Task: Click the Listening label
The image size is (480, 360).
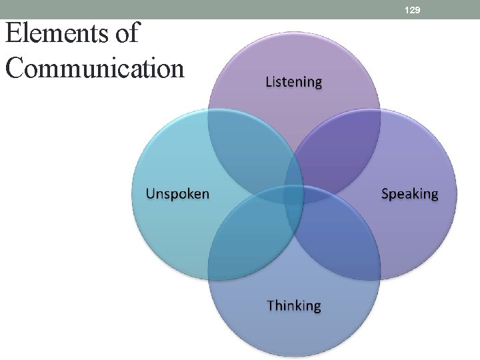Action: point(294,82)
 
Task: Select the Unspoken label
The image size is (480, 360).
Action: point(177,194)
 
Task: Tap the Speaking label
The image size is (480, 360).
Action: point(409,194)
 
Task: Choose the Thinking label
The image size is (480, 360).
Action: point(294,305)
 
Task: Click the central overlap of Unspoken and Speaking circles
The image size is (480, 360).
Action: point(294,194)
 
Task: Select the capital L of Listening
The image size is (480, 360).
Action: point(269,82)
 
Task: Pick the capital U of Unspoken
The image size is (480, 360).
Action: point(151,194)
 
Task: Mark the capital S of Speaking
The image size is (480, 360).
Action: point(385,194)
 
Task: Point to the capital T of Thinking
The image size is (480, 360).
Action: point(271,305)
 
